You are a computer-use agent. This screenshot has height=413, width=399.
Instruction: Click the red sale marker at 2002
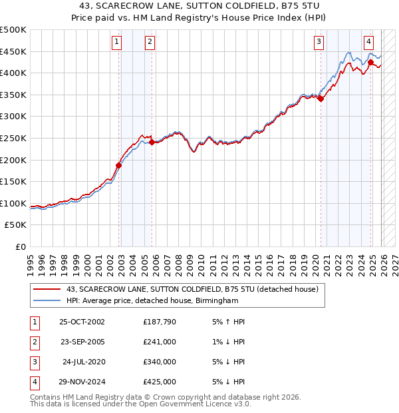coord(119,165)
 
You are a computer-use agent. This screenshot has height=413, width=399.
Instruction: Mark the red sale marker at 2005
coord(152,142)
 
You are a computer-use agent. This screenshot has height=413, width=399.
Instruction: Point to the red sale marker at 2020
coord(321,99)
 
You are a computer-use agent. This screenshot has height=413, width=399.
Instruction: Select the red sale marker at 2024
coord(370,62)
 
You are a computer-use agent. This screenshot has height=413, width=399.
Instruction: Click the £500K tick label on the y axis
coord(13,30)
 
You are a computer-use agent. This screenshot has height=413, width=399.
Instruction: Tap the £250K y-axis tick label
coord(13,138)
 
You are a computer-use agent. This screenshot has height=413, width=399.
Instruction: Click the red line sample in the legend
coord(47,290)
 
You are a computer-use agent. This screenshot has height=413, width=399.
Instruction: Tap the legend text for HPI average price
coord(152,301)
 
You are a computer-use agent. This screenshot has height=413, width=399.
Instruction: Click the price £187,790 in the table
coord(160,322)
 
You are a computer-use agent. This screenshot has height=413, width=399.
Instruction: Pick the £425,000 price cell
coord(160,382)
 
